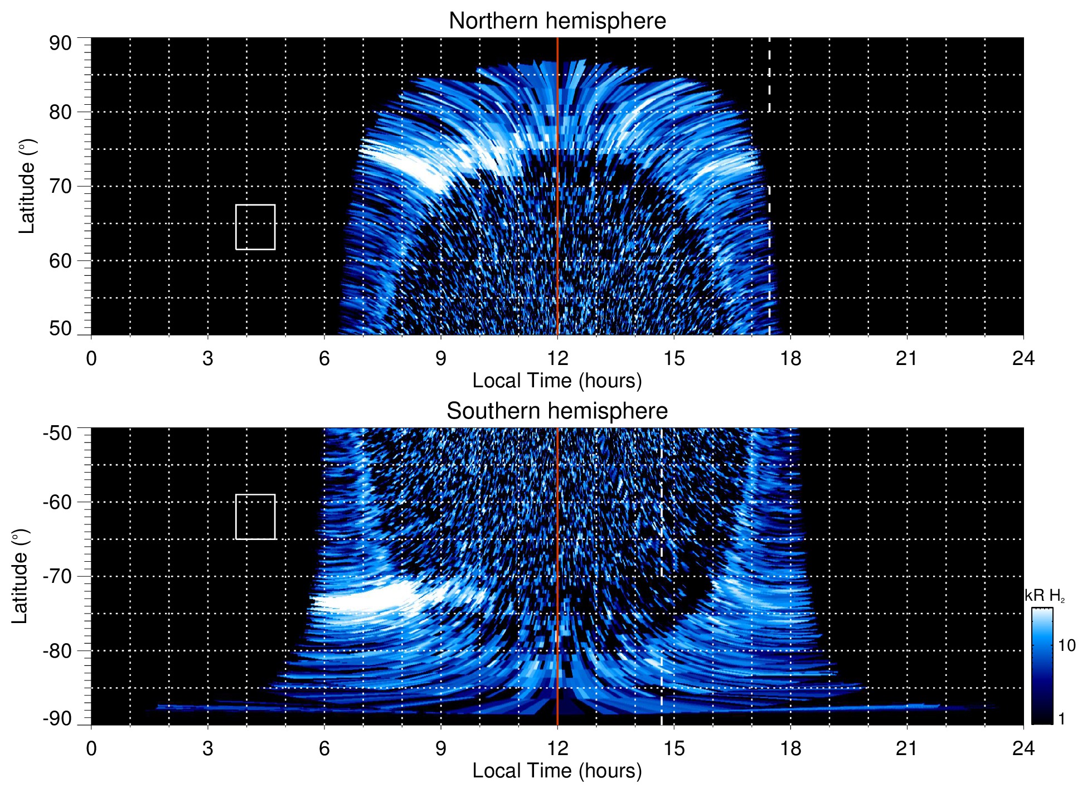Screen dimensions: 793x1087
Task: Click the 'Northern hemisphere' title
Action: pos(557,21)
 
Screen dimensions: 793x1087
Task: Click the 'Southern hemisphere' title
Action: pos(557,411)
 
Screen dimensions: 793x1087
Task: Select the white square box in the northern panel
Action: pos(255,227)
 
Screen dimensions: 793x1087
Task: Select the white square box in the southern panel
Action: pos(255,517)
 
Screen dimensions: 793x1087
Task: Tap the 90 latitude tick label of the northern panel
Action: pos(60,43)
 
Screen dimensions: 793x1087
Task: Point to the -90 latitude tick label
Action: pos(57,719)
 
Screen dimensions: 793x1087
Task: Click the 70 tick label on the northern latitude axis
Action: pos(60,186)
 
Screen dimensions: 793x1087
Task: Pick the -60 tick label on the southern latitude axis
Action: pos(57,502)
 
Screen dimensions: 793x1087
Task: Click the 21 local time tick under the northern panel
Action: pos(906,358)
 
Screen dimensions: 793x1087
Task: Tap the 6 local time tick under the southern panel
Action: pos(324,748)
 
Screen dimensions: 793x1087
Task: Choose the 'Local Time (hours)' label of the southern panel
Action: pos(557,771)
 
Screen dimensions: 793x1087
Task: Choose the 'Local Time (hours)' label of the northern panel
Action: pos(557,381)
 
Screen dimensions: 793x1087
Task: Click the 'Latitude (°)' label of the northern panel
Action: pos(26,186)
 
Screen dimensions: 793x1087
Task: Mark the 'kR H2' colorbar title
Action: pos(1045,596)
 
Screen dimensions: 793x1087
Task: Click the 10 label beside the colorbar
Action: pos(1066,646)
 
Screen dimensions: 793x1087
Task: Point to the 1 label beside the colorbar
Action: pos(1061,719)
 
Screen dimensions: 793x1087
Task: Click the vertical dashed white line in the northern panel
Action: pos(769,75)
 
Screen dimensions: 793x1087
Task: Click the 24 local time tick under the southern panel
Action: pos(1023,748)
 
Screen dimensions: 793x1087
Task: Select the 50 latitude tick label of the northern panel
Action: pos(60,329)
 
